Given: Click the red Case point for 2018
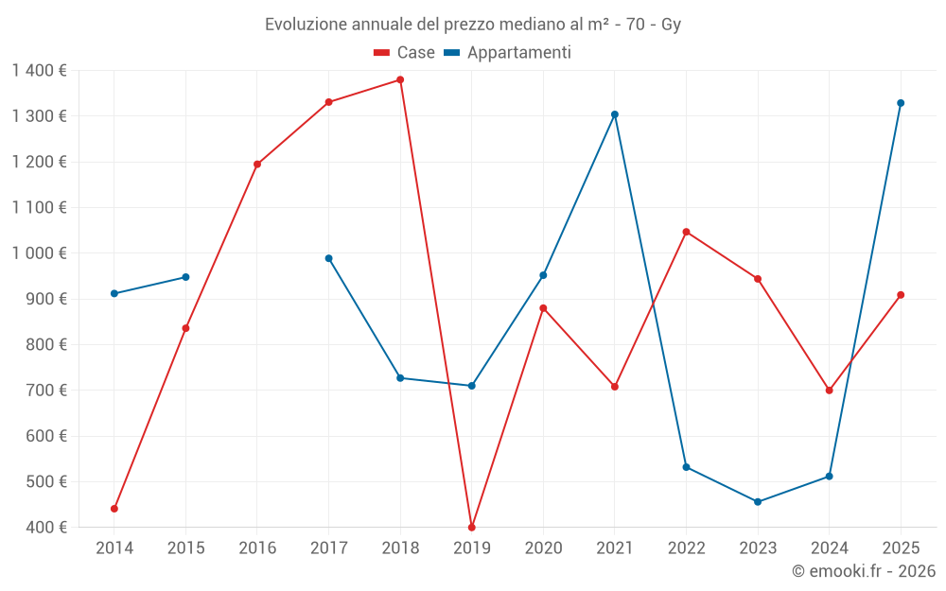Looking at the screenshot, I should (400, 79).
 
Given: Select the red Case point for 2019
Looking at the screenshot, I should (472, 527).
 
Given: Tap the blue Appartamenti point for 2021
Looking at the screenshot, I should (615, 114).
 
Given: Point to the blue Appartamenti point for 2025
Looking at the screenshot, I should (901, 103).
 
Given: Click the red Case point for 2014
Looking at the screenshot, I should (114, 509).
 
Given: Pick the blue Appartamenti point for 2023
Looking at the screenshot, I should (758, 502).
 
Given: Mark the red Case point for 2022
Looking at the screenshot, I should (687, 232).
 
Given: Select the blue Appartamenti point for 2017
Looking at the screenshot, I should (329, 258).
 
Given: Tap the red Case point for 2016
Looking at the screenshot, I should (257, 164).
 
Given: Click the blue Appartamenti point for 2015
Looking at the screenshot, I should (185, 277).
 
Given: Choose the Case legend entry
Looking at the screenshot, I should (405, 53).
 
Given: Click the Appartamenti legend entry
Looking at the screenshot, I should (508, 53).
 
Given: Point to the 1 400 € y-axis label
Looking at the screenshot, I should (40, 70).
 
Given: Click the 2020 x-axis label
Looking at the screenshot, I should (543, 548).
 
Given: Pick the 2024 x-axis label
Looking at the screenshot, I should (830, 548).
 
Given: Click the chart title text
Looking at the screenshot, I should (473, 25).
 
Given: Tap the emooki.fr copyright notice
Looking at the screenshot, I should (864, 571).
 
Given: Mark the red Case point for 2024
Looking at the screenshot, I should (830, 391).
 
